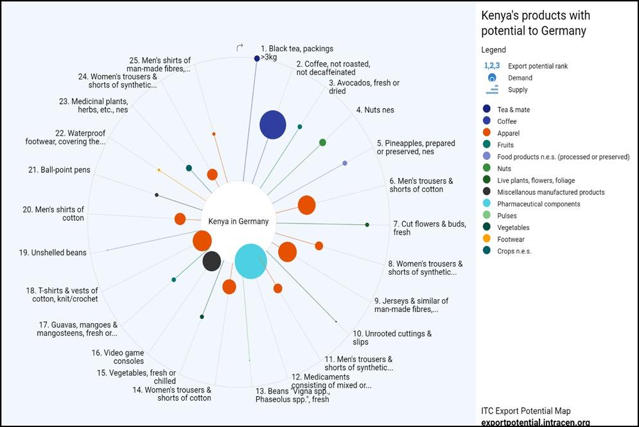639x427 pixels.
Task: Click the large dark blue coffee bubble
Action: (x=273, y=125)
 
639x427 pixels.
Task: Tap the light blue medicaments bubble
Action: (x=250, y=261)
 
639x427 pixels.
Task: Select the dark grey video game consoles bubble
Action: (x=212, y=261)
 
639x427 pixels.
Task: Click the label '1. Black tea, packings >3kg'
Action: (x=297, y=53)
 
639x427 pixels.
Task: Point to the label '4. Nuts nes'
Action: (x=375, y=110)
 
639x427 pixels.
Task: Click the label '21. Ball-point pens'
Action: (x=59, y=170)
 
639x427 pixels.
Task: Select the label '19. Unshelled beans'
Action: (x=53, y=253)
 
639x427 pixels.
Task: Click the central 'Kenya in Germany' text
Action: (x=238, y=222)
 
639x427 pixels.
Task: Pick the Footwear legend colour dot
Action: (x=487, y=240)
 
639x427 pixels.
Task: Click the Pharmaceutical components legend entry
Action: (x=538, y=204)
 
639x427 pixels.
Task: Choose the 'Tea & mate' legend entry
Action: (x=513, y=110)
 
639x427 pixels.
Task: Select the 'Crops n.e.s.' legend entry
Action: (x=514, y=251)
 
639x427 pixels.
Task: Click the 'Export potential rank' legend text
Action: (x=538, y=66)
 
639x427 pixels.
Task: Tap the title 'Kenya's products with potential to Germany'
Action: (x=536, y=23)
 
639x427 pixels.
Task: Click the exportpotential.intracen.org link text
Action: (x=535, y=422)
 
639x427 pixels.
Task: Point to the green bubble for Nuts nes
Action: (x=322, y=143)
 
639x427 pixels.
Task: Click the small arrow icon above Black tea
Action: (x=240, y=48)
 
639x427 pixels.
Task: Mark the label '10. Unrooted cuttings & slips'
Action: (x=392, y=338)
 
